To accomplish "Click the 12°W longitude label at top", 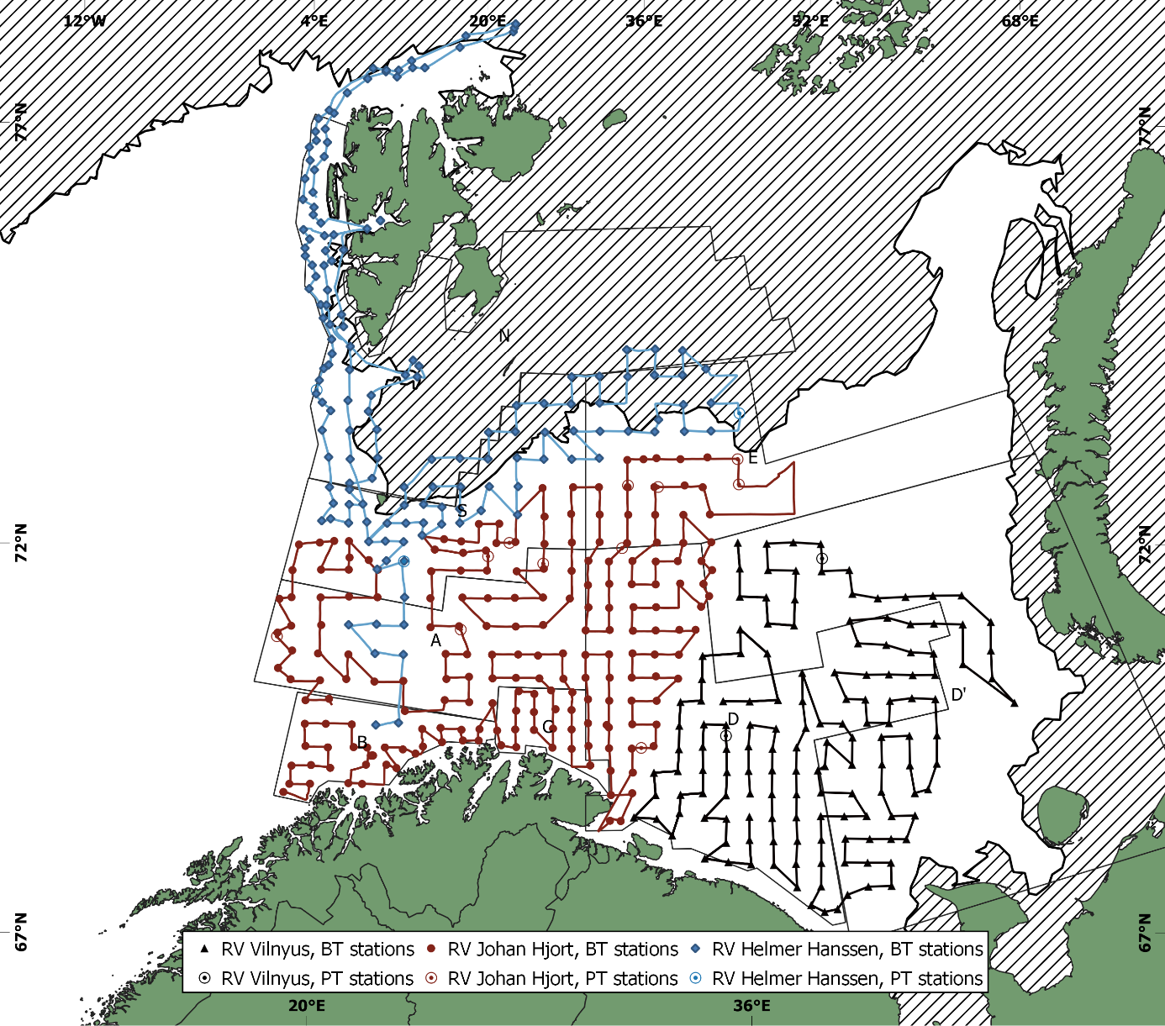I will (x=85, y=20).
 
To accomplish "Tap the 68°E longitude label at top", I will (x=1020, y=20).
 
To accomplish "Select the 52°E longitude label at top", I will (x=810, y=20).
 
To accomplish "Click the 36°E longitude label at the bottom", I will (x=751, y=1005).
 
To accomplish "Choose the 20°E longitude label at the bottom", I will (x=306, y=1005).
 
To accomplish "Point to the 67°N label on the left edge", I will (x=21, y=931).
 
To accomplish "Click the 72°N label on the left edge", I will (x=21, y=543).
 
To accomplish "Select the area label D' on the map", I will (x=958, y=695).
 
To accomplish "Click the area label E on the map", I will (x=753, y=458).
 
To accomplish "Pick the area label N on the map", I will (x=504, y=336).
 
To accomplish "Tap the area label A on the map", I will (x=435, y=641).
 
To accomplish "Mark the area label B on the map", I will (x=363, y=742).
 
